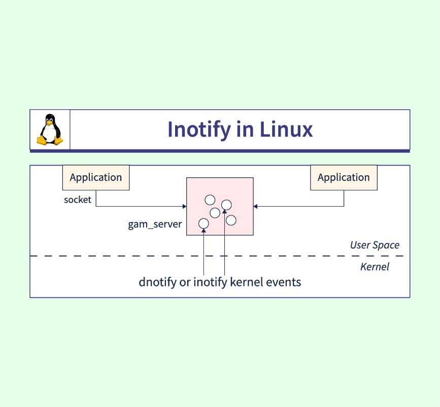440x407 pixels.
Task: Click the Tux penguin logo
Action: pyautogui.click(x=50, y=130)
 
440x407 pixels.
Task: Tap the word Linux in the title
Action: pyautogui.click(x=286, y=130)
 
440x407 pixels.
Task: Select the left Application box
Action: pyautogui.click(x=96, y=177)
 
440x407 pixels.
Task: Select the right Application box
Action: pyautogui.click(x=344, y=177)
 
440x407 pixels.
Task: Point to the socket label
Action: pyautogui.click(x=78, y=200)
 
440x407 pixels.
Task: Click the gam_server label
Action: pyautogui.click(x=155, y=224)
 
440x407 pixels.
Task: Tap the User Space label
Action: pyautogui.click(x=375, y=245)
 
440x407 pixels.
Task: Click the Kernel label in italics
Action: pyautogui.click(x=375, y=267)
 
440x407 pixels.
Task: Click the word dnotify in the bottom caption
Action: pyautogui.click(x=157, y=282)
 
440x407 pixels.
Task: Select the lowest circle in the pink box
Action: pyautogui.click(x=204, y=223)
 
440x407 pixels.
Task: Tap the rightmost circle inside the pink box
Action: pyautogui.click(x=231, y=220)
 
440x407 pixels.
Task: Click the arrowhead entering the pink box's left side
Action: pyautogui.click(x=184, y=206)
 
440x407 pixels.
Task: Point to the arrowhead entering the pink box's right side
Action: pyautogui.click(x=256, y=206)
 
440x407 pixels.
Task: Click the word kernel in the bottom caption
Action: pyautogui.click(x=247, y=282)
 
